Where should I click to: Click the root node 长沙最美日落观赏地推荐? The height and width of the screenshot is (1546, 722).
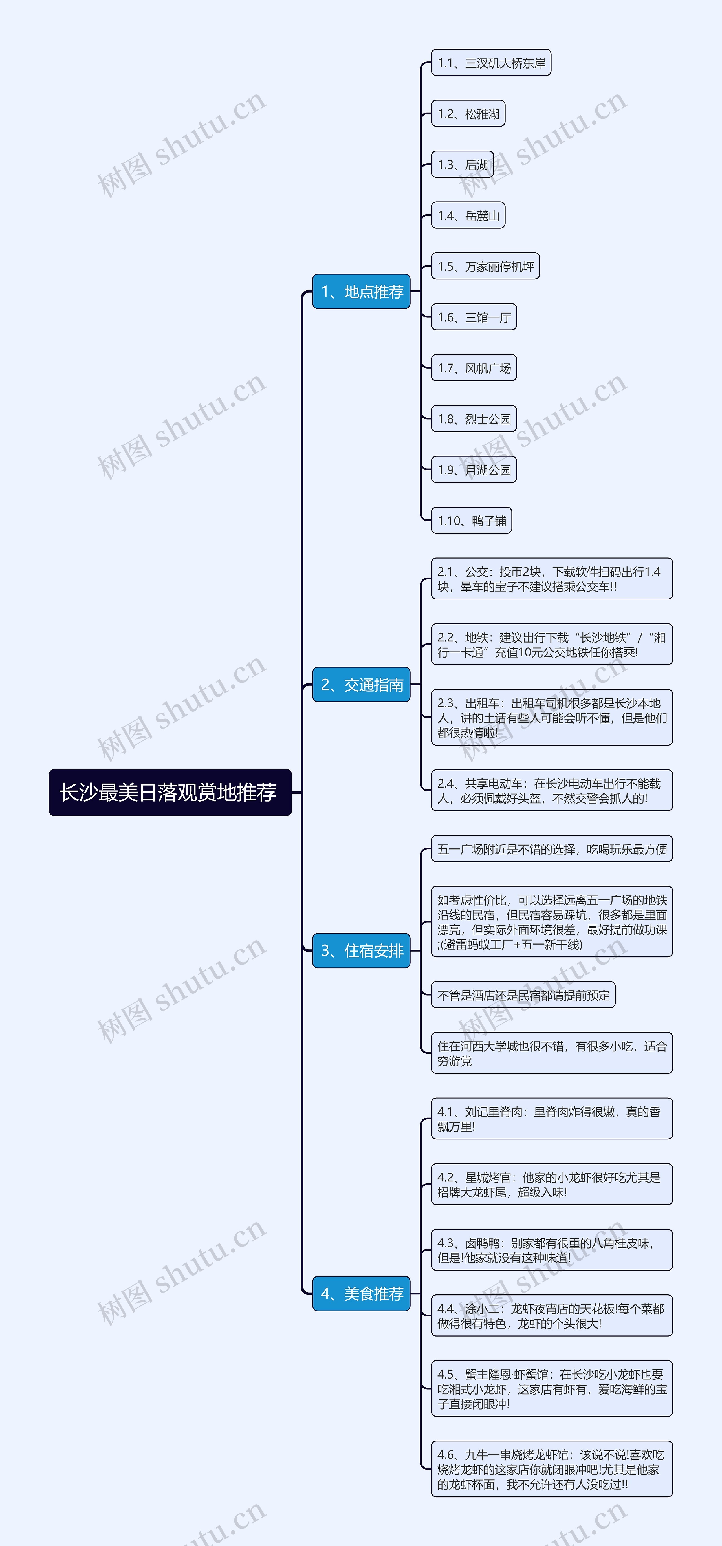click(x=170, y=792)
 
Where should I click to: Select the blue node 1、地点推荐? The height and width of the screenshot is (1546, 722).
click(x=361, y=292)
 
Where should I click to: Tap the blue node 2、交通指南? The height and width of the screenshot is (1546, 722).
click(x=361, y=685)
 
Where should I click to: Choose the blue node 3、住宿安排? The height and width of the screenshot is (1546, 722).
click(x=361, y=951)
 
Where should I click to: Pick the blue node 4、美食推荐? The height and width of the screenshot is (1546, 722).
click(x=361, y=1293)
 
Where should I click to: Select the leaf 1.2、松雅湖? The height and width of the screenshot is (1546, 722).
click(x=468, y=113)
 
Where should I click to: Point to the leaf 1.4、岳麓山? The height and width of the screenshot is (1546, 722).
click(x=468, y=215)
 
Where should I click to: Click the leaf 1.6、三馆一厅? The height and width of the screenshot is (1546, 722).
click(x=474, y=317)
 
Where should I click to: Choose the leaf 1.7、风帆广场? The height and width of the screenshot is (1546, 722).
click(x=474, y=368)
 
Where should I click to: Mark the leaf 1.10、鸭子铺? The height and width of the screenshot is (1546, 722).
click(x=472, y=520)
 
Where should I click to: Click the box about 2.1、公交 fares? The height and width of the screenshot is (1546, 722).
click(x=552, y=579)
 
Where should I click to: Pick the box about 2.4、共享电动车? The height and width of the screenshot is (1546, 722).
click(x=552, y=790)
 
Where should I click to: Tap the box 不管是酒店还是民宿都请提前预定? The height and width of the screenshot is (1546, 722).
click(x=523, y=995)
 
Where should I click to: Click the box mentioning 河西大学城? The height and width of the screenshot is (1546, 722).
click(x=552, y=1053)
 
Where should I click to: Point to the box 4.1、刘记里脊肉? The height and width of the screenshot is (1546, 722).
click(x=552, y=1119)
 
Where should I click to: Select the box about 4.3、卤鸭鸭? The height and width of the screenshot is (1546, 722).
click(x=552, y=1250)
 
